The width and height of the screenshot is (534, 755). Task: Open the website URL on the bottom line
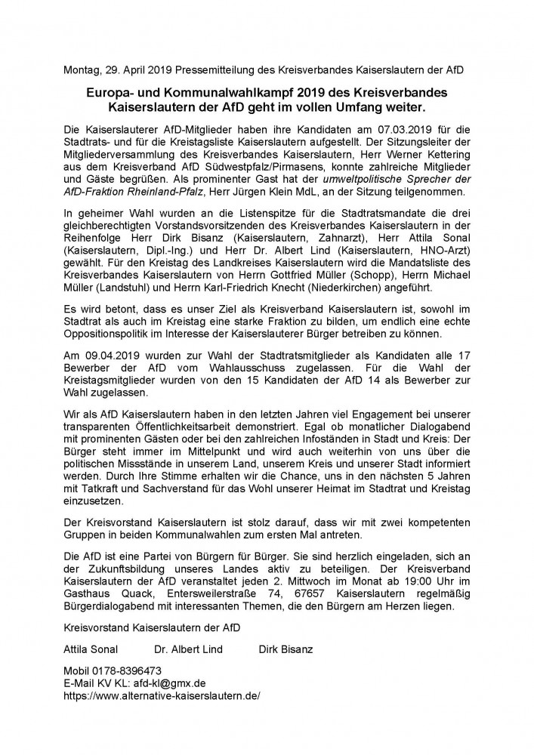[x=163, y=696]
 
